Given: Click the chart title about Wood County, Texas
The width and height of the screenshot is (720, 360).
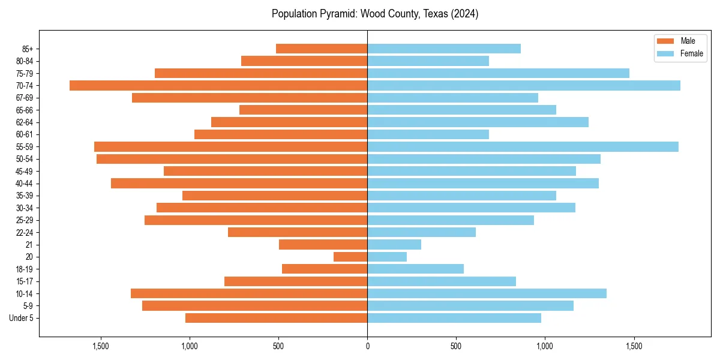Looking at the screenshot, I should click(x=375, y=14).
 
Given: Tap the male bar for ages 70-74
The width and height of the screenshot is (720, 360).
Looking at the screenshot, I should click(x=218, y=85).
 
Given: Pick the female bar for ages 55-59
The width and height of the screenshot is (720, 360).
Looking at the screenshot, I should click(x=523, y=146).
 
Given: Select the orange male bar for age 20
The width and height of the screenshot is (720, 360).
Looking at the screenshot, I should click(x=350, y=257).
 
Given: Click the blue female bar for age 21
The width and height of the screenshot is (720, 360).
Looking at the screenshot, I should click(x=394, y=244).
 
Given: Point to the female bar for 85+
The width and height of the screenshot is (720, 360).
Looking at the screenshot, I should click(x=444, y=49).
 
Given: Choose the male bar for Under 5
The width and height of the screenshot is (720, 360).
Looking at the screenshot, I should click(x=277, y=318).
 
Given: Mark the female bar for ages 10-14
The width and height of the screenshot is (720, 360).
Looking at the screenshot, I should click(x=487, y=293).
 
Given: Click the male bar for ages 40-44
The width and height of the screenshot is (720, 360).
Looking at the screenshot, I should click(x=239, y=183).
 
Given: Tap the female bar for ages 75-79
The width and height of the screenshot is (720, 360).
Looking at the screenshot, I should click(x=498, y=73).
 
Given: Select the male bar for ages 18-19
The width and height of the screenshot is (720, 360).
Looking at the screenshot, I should click(x=325, y=269).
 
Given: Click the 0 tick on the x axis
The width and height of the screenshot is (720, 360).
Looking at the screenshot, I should click(x=367, y=346).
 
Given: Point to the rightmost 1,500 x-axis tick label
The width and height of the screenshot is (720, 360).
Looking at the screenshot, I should click(x=634, y=346).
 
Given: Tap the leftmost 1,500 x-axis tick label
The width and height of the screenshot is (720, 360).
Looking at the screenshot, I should click(x=101, y=346).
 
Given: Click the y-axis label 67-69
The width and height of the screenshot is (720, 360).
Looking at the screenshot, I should click(x=23, y=98).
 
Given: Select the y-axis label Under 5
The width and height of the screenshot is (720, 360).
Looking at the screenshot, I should click(x=22, y=318).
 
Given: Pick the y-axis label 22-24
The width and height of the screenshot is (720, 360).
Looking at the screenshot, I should click(x=23, y=232).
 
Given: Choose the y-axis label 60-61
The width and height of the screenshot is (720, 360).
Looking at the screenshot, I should click(x=23, y=134).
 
